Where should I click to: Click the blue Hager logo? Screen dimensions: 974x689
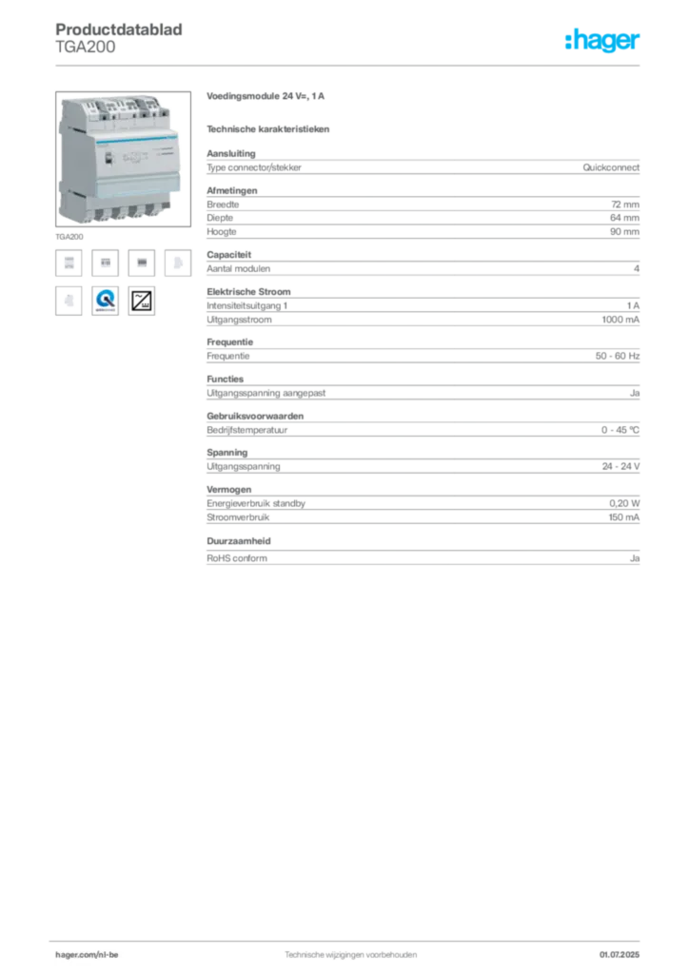604,42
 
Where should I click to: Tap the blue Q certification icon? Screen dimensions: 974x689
106,302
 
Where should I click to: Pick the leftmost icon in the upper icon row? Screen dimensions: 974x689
69,263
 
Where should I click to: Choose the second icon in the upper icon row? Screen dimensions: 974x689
107,263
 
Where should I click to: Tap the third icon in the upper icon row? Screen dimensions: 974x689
142,263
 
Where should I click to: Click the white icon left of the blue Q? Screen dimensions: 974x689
69,301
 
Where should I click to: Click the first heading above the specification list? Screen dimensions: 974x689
267,99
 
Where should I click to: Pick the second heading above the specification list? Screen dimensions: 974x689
269,128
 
